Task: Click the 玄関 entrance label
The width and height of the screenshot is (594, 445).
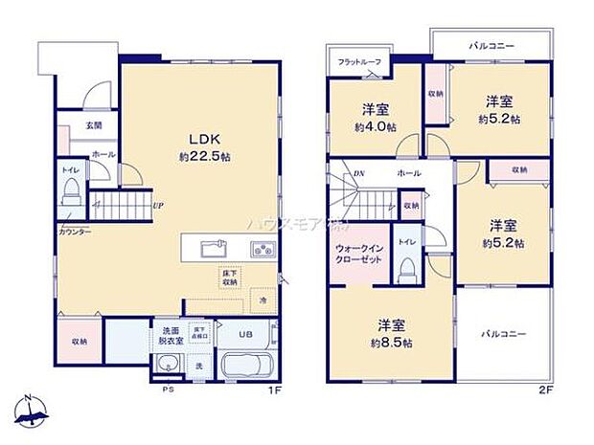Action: [x=94, y=124]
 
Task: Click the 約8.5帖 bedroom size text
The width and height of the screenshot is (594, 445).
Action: [x=392, y=342]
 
